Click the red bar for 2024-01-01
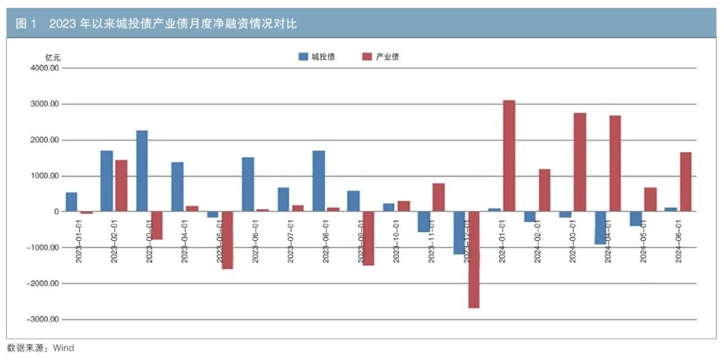click(x=509, y=156)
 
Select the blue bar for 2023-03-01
click(x=141, y=171)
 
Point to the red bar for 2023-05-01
click(x=227, y=240)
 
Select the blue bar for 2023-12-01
click(x=459, y=233)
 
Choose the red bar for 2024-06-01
click(x=685, y=182)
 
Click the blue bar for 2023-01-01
click(x=72, y=202)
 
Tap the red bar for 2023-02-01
click(x=121, y=186)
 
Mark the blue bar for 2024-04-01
click(x=600, y=228)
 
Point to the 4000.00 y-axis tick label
click(x=46, y=68)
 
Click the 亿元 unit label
click(x=52, y=57)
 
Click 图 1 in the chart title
click(x=25, y=24)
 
